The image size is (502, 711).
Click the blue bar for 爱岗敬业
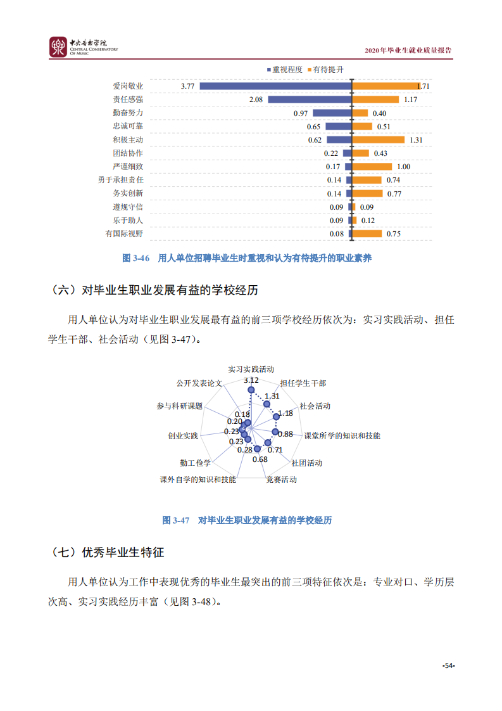coord(275,86)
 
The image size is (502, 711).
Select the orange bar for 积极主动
coord(379,140)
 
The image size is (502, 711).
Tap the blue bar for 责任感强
coord(310,99)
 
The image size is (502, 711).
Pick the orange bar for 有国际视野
coord(367,234)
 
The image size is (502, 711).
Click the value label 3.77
coord(187,86)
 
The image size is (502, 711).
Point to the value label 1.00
coord(403,167)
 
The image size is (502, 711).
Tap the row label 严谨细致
coord(128,167)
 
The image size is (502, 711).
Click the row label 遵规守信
coord(128,207)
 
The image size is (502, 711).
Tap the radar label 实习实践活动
coord(251,368)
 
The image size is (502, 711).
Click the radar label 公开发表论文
coord(199,384)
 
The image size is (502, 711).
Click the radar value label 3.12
coord(251,380)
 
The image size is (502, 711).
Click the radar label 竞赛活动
coord(281,480)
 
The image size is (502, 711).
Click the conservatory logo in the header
coord(58,46)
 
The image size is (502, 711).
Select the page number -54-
coord(449,665)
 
